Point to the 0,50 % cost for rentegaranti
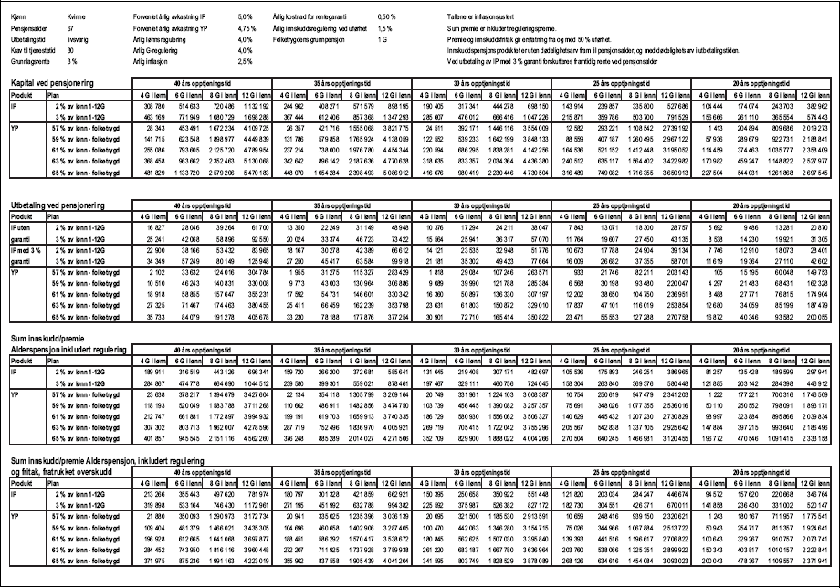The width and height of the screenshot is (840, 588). click(x=386, y=17)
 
